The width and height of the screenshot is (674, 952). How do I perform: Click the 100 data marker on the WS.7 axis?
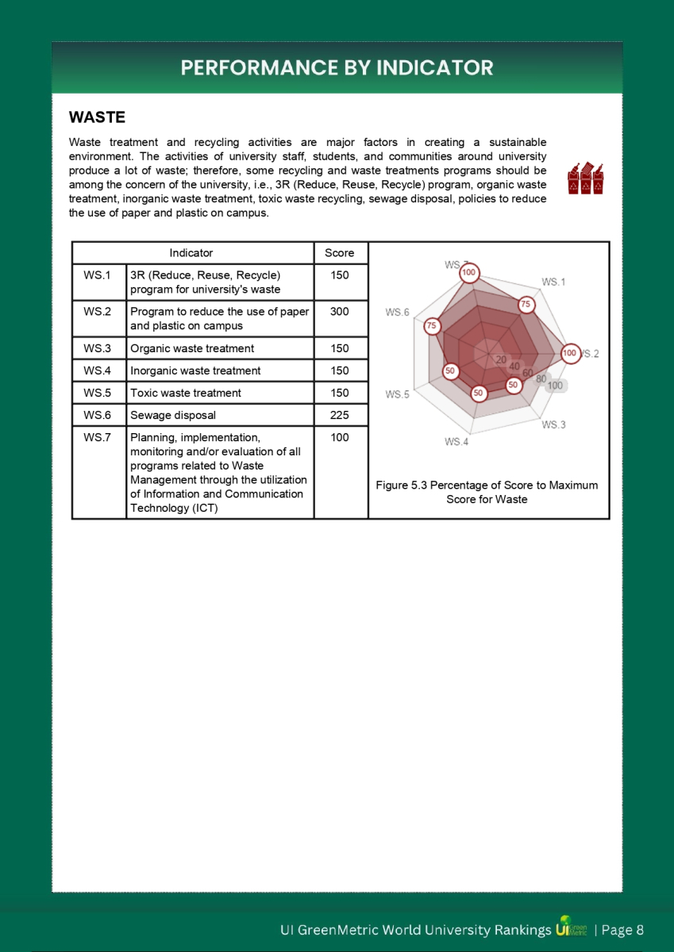point(469,272)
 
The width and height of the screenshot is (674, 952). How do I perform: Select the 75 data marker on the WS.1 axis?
point(526,305)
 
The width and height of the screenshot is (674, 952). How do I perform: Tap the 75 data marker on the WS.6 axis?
point(433,326)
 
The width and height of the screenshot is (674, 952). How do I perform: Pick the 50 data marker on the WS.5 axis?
point(450,370)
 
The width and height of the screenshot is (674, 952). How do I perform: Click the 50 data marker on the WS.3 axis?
point(514,385)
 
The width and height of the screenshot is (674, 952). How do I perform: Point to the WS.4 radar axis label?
point(456,441)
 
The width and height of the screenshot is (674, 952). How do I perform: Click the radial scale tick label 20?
point(500,359)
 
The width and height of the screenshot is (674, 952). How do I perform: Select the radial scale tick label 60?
point(528,373)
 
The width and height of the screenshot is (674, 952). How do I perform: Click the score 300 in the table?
point(340,312)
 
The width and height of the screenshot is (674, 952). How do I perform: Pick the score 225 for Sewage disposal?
point(340,415)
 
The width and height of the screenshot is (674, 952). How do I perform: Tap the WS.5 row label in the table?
point(98,393)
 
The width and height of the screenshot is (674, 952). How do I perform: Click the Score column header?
point(340,253)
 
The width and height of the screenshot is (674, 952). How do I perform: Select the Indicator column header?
point(191,253)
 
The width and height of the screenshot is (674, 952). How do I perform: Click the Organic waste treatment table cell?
point(192,348)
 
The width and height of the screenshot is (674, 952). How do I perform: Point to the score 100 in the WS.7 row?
point(340,437)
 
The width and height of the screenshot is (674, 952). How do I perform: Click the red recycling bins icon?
point(586,178)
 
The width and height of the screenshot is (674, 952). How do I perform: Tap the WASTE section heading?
point(97,117)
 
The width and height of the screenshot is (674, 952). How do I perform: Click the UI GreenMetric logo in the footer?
point(572,929)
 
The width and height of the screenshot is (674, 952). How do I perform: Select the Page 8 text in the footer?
point(622,930)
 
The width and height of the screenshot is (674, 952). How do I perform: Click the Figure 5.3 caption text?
point(487,492)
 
